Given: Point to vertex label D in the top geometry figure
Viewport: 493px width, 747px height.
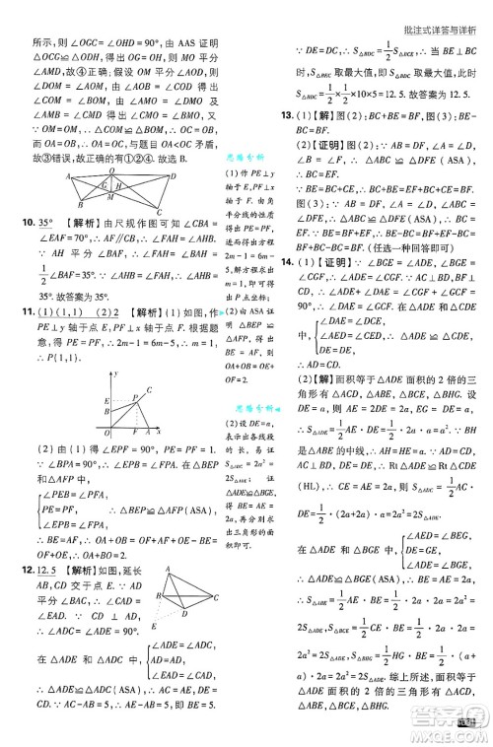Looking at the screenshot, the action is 174,174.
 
